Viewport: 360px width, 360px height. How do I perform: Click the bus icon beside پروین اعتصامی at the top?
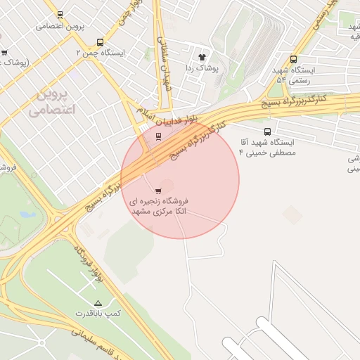click(59, 14)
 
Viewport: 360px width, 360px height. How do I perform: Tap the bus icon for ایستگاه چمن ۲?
click(100, 42)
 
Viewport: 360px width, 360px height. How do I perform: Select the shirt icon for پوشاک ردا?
click(202, 56)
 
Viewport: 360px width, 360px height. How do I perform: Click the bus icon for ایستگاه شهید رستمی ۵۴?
click(293, 60)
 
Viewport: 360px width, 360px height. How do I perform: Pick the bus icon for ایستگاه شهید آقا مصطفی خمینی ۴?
click(267, 131)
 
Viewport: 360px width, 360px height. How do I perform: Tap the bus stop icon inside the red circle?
click(158, 136)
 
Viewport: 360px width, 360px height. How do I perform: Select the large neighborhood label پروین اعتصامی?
click(48, 101)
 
